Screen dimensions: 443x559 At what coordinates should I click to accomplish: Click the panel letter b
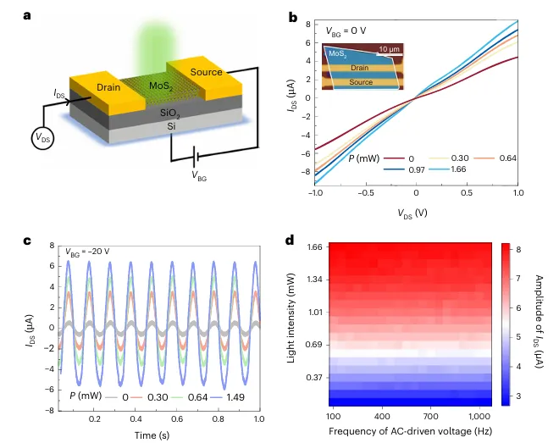tap(292, 15)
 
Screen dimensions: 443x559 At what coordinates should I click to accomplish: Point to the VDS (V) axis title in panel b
tap(414, 210)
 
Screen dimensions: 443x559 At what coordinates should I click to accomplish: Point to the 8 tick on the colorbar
tap(517, 251)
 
